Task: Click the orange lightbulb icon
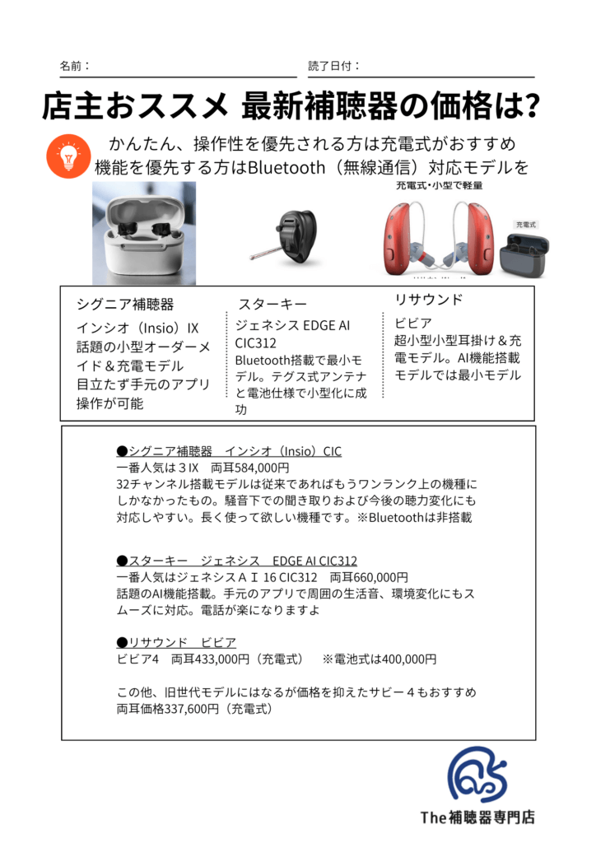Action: click(68, 156)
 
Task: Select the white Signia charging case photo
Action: click(144, 233)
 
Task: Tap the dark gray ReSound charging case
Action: click(524, 254)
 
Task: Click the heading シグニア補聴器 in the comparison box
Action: click(125, 305)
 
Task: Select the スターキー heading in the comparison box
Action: click(272, 305)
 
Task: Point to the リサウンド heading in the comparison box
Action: click(428, 300)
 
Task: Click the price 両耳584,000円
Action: click(250, 468)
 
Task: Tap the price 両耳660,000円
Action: click(369, 577)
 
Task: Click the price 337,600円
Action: click(192, 709)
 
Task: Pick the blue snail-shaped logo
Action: click(477, 774)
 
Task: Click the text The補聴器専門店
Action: click(477, 817)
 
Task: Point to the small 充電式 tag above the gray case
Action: click(525, 225)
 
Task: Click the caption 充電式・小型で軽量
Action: click(439, 185)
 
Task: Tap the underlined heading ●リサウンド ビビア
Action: click(176, 642)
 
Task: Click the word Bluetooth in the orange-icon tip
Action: click(286, 168)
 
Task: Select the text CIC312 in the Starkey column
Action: click(256, 343)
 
